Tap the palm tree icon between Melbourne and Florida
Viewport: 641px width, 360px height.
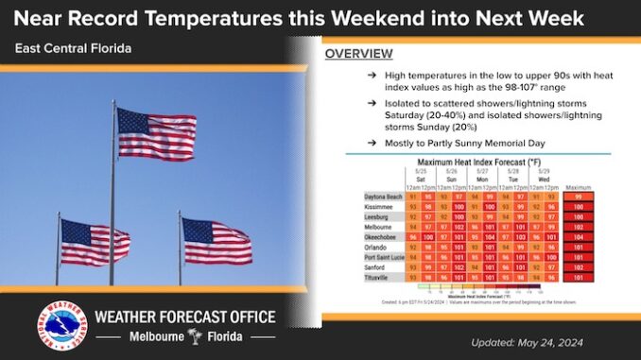tap(195, 336)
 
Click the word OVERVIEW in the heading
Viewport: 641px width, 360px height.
tap(359, 54)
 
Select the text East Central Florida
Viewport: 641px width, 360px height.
tap(73, 47)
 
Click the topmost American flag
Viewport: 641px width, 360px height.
tap(156, 133)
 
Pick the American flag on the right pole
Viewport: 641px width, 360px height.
tap(217, 241)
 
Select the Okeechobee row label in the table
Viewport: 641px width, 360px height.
tap(383, 238)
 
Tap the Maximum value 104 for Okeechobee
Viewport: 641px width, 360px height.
tap(578, 238)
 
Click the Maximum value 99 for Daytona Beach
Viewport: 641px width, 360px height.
tap(578, 196)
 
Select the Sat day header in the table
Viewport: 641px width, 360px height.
tap(420, 178)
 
